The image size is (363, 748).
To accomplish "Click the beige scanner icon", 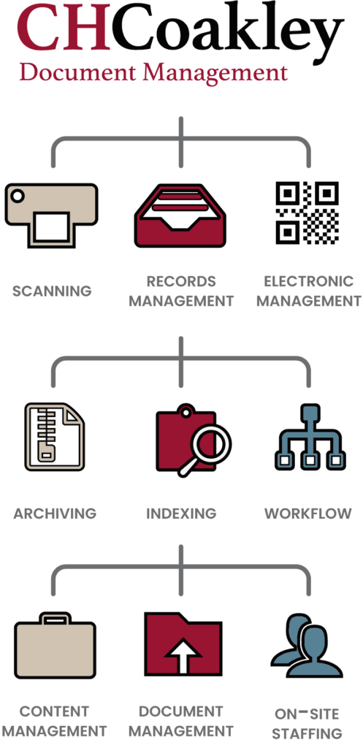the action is pyautogui.click(x=52, y=215).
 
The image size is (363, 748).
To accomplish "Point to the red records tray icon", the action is pyautogui.click(x=180, y=215).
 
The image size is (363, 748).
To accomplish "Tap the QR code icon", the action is pyautogui.click(x=307, y=213).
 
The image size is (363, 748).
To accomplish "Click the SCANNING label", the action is pyautogui.click(x=52, y=291).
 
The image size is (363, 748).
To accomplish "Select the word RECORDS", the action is pyautogui.click(x=181, y=281).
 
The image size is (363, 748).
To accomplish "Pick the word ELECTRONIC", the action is pyautogui.click(x=309, y=281).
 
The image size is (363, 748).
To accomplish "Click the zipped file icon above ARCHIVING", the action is pyautogui.click(x=54, y=437).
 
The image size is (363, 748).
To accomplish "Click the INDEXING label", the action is pyautogui.click(x=181, y=514).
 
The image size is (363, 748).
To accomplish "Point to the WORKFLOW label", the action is pyautogui.click(x=308, y=514).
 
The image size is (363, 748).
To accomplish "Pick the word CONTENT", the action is pyautogui.click(x=54, y=711).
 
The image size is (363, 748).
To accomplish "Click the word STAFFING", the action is pyautogui.click(x=307, y=733).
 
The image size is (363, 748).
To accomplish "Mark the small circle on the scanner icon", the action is pyautogui.click(x=18, y=196).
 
